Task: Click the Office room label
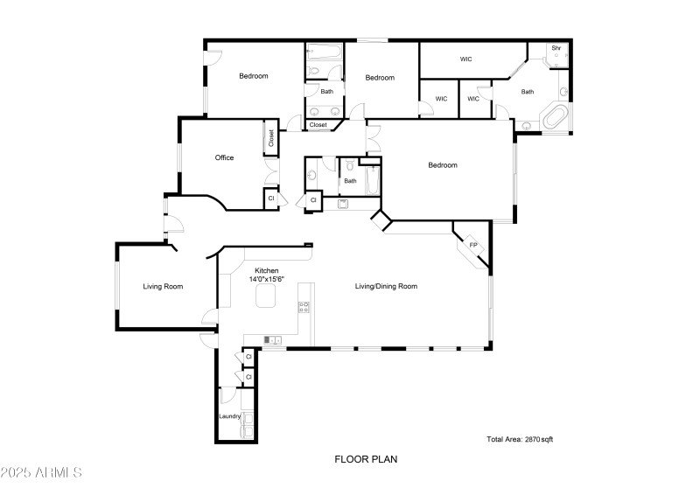tap(224, 158)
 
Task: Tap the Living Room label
tap(163, 286)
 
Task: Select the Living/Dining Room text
tap(385, 286)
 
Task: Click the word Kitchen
tap(267, 271)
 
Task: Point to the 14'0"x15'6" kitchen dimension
tap(267, 280)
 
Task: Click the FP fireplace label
tap(473, 245)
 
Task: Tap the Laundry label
tap(229, 416)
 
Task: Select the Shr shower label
tap(556, 48)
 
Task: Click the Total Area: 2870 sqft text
tap(520, 439)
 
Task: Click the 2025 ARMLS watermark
tap(41, 473)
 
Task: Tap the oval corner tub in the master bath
tap(556, 117)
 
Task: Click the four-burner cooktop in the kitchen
tap(304, 307)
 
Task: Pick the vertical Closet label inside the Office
tap(271, 138)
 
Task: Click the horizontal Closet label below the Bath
tap(318, 125)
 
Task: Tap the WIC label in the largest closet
tap(466, 59)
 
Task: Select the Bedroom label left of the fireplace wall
tap(442, 165)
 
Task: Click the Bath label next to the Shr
tap(528, 92)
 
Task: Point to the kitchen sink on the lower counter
tap(270, 339)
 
